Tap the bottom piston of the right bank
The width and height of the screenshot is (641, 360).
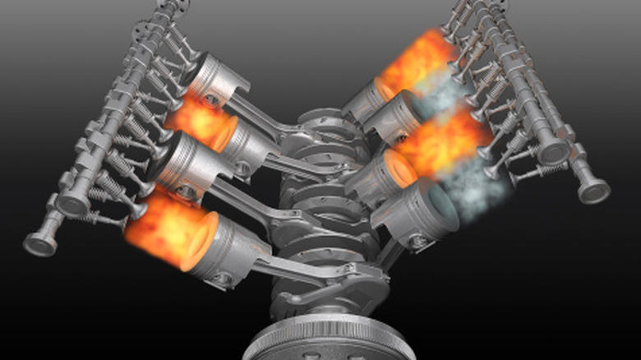point(419,219)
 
